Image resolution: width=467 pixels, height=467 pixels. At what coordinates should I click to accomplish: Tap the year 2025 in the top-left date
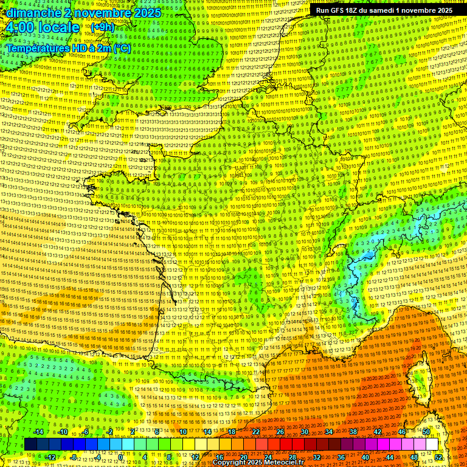pyautogui.click(x=146, y=12)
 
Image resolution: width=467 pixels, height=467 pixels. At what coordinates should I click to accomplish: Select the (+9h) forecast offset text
pyautogui.click(x=102, y=27)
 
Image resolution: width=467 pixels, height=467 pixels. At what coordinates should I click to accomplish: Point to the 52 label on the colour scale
pyautogui.click(x=438, y=457)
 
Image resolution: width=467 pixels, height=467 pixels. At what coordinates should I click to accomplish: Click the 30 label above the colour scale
pyautogui.click(x=304, y=432)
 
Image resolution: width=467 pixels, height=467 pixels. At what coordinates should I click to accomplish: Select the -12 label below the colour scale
pyautogui.click(x=50, y=457)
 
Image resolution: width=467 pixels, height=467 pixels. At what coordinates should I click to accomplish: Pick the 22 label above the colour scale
pyautogui.click(x=255, y=432)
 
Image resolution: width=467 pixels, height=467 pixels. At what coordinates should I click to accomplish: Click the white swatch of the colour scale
pyautogui.click(x=432, y=445)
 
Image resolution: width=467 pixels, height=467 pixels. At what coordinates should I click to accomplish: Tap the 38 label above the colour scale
pyautogui.click(x=353, y=432)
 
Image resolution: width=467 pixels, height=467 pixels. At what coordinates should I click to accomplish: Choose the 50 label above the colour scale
pyautogui.click(x=426, y=432)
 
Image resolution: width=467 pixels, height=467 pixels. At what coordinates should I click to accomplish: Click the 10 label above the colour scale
pyautogui.click(x=182, y=432)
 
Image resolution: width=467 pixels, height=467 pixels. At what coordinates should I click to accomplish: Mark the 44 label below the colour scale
pyautogui.click(x=390, y=457)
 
